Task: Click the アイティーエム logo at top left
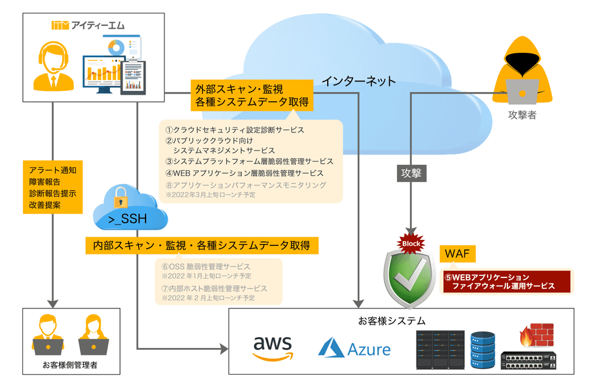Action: (x=88, y=25)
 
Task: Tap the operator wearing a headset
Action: (x=54, y=66)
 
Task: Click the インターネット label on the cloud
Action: (x=358, y=81)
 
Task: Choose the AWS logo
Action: (x=274, y=347)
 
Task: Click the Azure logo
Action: (x=354, y=348)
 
